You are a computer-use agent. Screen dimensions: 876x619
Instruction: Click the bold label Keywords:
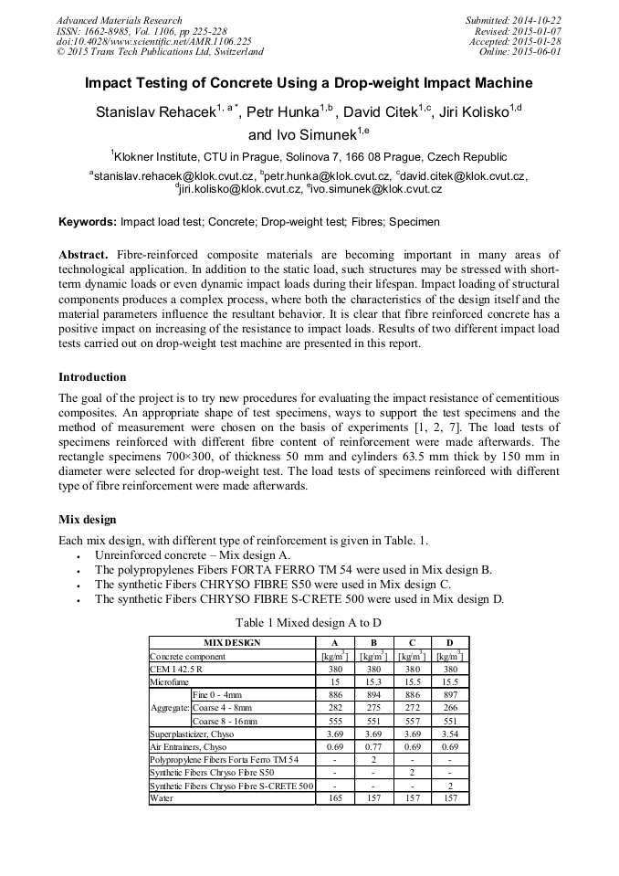tap(88, 222)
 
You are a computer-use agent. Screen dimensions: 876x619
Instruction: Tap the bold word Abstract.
tap(83, 254)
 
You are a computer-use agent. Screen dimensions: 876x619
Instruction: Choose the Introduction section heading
tap(92, 377)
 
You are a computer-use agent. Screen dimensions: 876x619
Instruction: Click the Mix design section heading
tap(87, 520)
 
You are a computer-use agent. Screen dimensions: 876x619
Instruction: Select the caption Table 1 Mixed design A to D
tap(309, 622)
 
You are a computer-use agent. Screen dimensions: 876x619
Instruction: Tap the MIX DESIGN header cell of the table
tap(231, 642)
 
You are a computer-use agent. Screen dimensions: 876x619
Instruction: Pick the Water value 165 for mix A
tap(334, 798)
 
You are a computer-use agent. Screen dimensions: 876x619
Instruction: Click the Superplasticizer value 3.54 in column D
tap(448, 734)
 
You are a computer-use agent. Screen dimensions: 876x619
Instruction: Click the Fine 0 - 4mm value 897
tap(448, 694)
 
